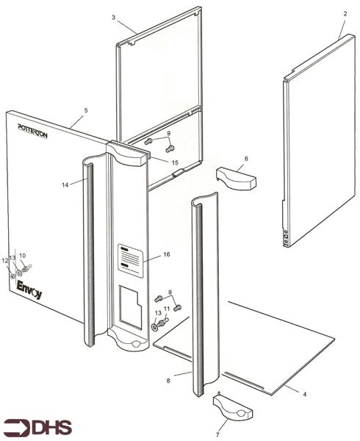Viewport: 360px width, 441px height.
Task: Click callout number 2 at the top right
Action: coord(342,14)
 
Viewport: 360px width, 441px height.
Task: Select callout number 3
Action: coord(114,17)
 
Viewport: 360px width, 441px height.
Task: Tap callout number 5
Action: coord(86,110)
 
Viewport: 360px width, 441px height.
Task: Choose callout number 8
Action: coord(168,381)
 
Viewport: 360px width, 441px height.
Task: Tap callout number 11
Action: coord(167,309)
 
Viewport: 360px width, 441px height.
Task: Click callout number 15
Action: coord(175,162)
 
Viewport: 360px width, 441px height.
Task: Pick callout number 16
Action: coord(167,254)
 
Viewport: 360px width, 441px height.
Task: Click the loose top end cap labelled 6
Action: coord(236,177)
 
